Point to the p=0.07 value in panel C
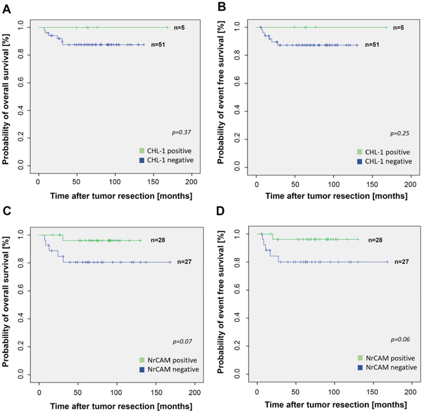point(182,342)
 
